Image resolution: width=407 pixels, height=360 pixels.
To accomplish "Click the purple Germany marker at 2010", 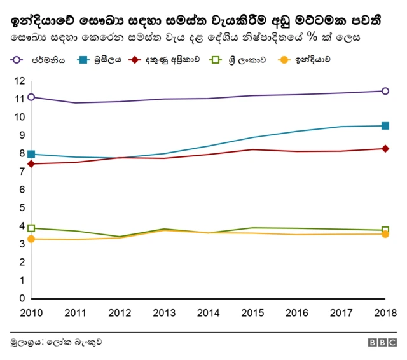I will click(31, 97).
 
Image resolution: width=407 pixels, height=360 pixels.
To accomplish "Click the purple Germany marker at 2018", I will click(385, 91).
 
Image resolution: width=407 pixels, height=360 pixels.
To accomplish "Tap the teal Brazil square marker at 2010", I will click(31, 154).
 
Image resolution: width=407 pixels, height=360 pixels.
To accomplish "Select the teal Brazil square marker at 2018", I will click(385, 126).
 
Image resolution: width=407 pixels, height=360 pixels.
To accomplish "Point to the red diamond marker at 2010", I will click(31, 164).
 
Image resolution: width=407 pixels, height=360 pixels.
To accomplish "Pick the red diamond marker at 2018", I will click(385, 149).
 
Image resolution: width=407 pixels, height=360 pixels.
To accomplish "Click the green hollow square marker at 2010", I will click(31, 228).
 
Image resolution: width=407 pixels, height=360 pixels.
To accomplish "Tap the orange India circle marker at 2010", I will click(31, 239).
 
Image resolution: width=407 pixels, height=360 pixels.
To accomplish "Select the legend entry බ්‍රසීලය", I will click(104, 60).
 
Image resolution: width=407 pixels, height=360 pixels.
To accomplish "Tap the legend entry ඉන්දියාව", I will click(307, 60).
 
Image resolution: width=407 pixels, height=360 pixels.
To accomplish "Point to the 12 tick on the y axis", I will click(18, 81).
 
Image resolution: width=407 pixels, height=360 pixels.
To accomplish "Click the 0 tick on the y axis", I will click(21, 298).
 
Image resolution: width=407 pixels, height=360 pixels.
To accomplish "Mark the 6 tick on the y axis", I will click(21, 190).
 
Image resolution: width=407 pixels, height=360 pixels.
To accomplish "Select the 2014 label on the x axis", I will click(208, 312).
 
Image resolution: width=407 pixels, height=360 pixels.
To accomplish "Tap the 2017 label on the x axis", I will click(341, 312).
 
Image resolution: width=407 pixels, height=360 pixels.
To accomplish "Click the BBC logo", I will click(382, 342).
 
